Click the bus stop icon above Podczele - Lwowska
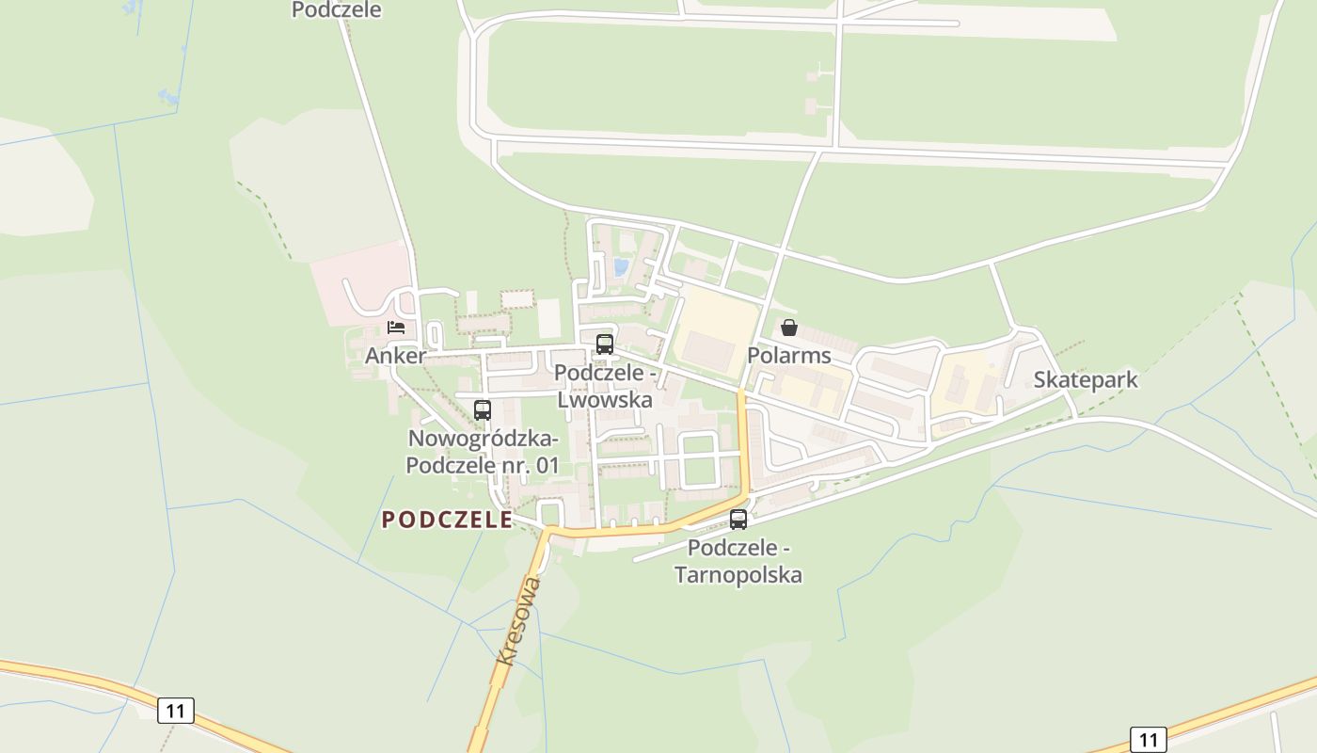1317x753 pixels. pyautogui.click(x=605, y=344)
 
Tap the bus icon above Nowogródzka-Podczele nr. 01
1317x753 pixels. pyautogui.click(x=483, y=410)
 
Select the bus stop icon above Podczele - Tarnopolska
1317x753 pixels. pyautogui.click(x=738, y=520)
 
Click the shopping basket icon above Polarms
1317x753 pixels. pyautogui.click(x=789, y=328)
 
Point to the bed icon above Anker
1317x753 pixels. pyautogui.click(x=396, y=328)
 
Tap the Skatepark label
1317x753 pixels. pyautogui.click(x=1086, y=379)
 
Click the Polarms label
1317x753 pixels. pyautogui.click(x=789, y=355)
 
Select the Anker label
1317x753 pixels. pyautogui.click(x=395, y=356)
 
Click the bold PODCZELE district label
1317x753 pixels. pyautogui.click(x=447, y=520)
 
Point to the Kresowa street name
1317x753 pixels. pyautogui.click(x=519, y=621)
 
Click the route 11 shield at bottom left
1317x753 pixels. pyautogui.click(x=175, y=711)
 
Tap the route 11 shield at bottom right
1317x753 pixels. pyautogui.click(x=1148, y=740)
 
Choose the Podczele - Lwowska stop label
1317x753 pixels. pyautogui.click(x=605, y=386)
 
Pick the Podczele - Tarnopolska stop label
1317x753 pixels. pyautogui.click(x=738, y=561)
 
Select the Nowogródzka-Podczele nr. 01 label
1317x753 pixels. pyautogui.click(x=483, y=452)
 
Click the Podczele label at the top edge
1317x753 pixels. pyautogui.click(x=336, y=10)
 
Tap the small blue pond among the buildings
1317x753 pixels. pyautogui.click(x=620, y=267)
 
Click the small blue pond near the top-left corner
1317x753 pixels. pyautogui.click(x=170, y=96)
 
